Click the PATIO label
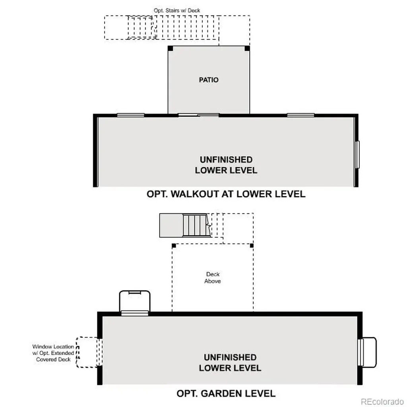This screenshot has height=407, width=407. coord(209,79)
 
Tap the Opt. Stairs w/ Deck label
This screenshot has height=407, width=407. coord(177,10)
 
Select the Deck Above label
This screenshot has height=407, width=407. coord(213,277)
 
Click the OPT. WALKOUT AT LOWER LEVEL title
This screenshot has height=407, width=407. coord(226,194)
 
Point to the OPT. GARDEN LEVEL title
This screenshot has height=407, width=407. coord(226,393)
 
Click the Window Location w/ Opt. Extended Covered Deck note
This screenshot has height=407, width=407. coord(53,353)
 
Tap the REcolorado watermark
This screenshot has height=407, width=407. coord(382,402)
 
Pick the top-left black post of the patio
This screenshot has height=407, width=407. coord(170,48)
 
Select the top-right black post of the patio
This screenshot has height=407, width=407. coord(247,48)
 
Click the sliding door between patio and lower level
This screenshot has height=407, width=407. coord(199,115)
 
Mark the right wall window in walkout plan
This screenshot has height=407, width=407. coord(357,155)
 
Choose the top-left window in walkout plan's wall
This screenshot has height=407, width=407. coord(130,115)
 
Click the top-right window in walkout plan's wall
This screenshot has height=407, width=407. coord(300,115)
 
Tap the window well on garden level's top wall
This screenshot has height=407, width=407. coord(135,302)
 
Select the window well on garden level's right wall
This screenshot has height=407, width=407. coord(367,352)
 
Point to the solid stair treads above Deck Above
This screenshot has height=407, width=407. coord(196,225)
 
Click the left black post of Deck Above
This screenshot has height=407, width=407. coord(174,246)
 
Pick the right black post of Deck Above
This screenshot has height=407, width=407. coord(252,246)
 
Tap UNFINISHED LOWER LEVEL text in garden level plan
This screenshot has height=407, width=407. coord(230,362)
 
